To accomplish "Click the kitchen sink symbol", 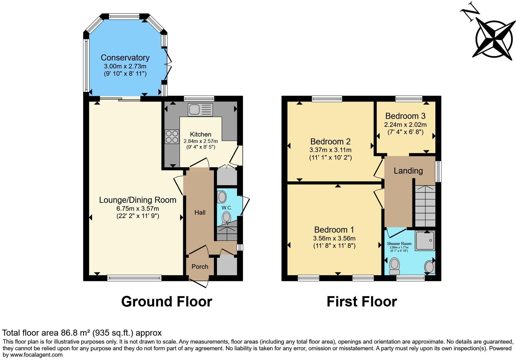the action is (200, 109).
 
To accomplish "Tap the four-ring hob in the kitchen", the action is (172, 137).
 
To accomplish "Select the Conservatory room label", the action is (125, 57).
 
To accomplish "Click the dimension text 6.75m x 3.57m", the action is (138, 209).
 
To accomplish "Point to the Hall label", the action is (200, 213).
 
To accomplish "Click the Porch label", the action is (200, 267).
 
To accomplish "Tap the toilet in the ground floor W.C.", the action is (226, 218).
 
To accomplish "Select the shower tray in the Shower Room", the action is (425, 240).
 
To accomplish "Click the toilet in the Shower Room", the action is (394, 266).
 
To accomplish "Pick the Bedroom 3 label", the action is (406, 116).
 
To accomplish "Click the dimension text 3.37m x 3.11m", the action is (330, 150).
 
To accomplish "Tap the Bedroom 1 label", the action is (334, 230).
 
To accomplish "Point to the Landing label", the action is (408, 171).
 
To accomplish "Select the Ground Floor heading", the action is (166, 302).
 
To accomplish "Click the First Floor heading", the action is (362, 302).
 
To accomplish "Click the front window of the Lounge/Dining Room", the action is (134, 278).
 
